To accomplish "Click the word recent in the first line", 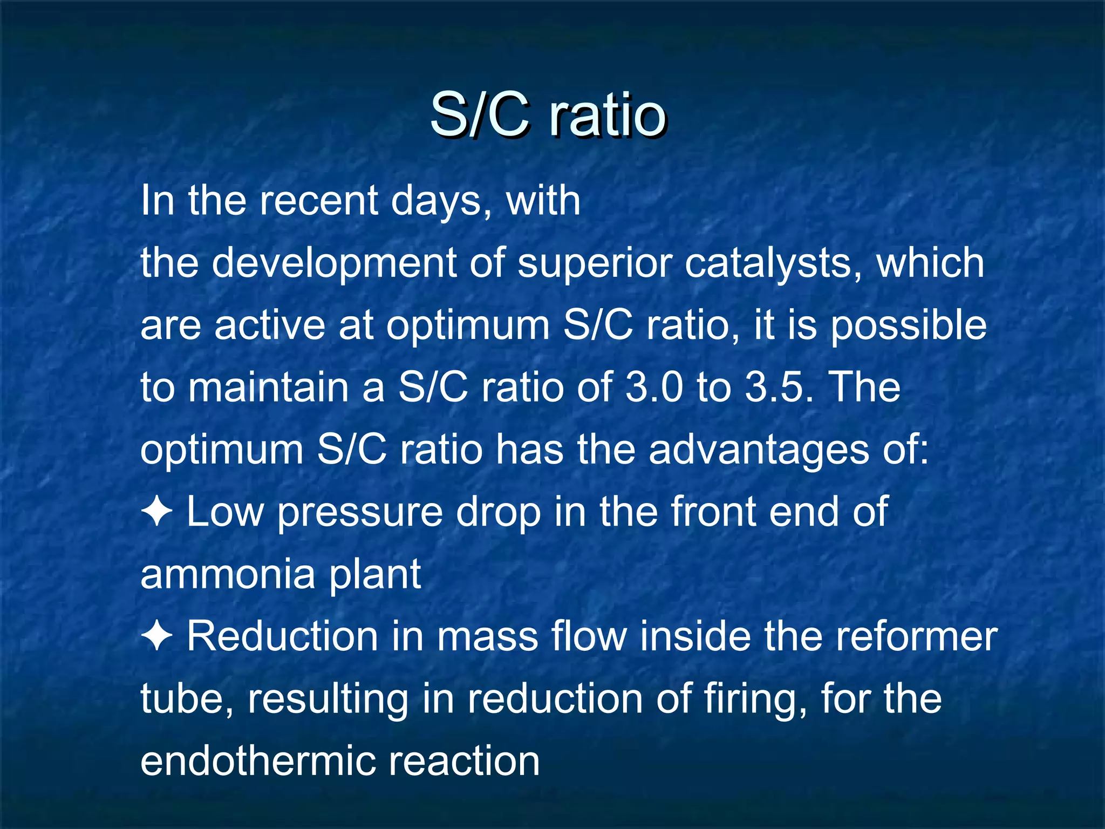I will tap(318, 201).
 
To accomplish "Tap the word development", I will tap(334, 263).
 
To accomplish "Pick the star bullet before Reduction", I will tap(156, 636).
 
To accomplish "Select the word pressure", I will tap(360, 513).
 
